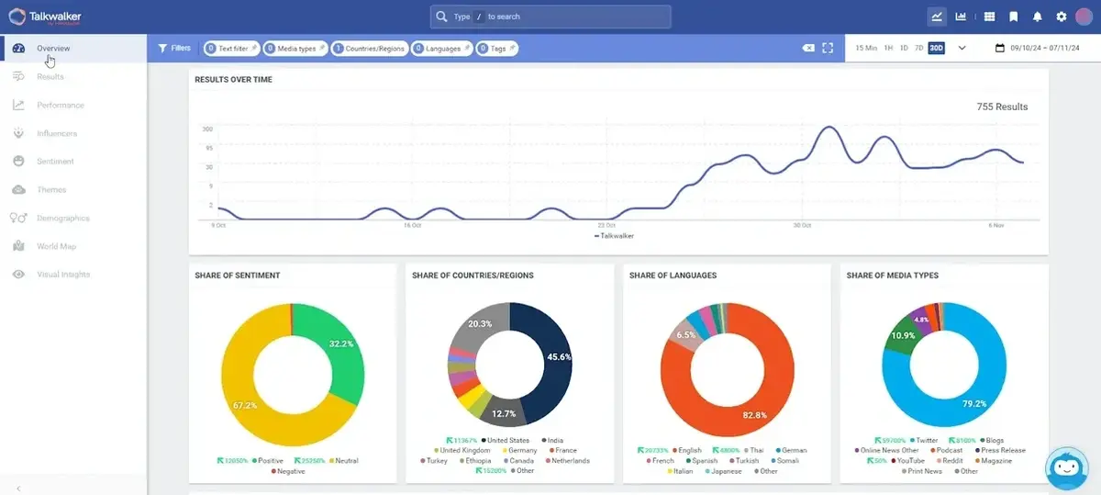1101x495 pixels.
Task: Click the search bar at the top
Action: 550,17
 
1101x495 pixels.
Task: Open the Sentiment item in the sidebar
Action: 55,162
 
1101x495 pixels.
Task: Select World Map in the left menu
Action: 56,246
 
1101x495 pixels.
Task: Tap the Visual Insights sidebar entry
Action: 62,275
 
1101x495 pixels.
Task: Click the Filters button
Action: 174,48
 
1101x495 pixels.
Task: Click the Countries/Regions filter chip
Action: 369,48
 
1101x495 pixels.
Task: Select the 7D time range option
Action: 918,48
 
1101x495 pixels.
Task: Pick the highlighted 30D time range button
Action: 936,48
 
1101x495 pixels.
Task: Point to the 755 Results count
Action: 1002,107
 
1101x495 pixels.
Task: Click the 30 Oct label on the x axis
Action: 802,225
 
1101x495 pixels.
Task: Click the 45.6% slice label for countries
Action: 558,356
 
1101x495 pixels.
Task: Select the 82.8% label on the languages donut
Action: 754,415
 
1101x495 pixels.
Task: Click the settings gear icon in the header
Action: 1062,17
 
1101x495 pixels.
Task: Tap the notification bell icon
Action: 1038,17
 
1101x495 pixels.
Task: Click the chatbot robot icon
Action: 1066,467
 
